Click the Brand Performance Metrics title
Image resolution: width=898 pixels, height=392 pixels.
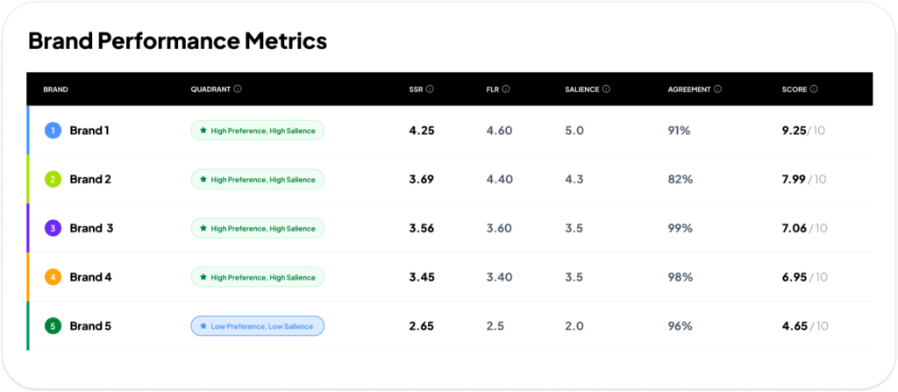click(x=177, y=41)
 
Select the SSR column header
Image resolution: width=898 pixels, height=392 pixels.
click(x=416, y=89)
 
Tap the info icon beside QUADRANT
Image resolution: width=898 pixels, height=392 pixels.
click(x=238, y=89)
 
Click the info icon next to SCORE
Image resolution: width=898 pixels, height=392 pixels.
click(x=814, y=89)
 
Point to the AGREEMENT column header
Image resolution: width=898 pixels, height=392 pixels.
click(x=689, y=89)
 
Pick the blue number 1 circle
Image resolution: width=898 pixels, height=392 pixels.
click(x=53, y=131)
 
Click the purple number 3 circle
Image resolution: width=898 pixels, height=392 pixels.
click(x=53, y=228)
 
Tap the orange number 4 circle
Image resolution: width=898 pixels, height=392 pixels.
click(x=53, y=277)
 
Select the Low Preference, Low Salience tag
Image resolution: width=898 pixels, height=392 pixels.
click(x=257, y=326)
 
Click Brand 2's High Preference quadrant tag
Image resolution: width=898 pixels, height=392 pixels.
click(x=257, y=180)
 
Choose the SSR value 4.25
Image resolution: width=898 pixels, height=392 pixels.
click(x=422, y=131)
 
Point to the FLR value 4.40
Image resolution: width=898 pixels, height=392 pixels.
click(x=499, y=180)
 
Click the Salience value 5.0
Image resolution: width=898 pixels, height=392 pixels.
click(x=574, y=131)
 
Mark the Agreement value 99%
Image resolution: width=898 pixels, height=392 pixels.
click(x=680, y=228)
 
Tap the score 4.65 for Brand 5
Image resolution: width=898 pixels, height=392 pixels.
click(x=795, y=326)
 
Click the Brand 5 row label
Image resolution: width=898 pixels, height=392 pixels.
click(x=90, y=326)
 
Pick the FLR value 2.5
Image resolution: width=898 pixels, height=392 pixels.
click(x=495, y=326)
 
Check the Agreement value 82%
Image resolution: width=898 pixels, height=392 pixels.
click(x=680, y=180)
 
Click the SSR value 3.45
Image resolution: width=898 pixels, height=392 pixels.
click(x=422, y=277)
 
